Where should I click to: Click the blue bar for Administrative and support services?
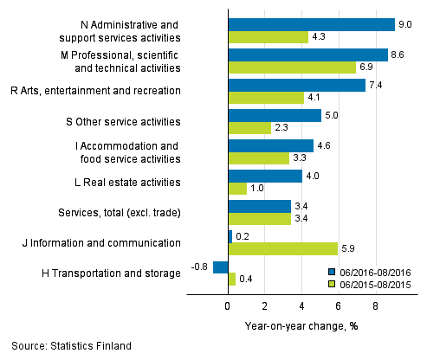[311, 24]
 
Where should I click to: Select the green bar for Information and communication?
[282, 249]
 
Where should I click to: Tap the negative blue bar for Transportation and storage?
[220, 267]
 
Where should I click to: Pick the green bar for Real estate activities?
[236, 189]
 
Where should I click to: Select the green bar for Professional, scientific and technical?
[291, 67]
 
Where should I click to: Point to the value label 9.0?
[405, 24]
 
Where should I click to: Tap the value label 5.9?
[348, 249]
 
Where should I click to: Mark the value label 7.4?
[376, 85]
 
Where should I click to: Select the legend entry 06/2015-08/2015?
[370, 283]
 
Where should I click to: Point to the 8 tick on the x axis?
[375, 305]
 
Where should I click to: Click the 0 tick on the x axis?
[228, 305]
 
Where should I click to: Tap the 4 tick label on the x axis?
[301, 305]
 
